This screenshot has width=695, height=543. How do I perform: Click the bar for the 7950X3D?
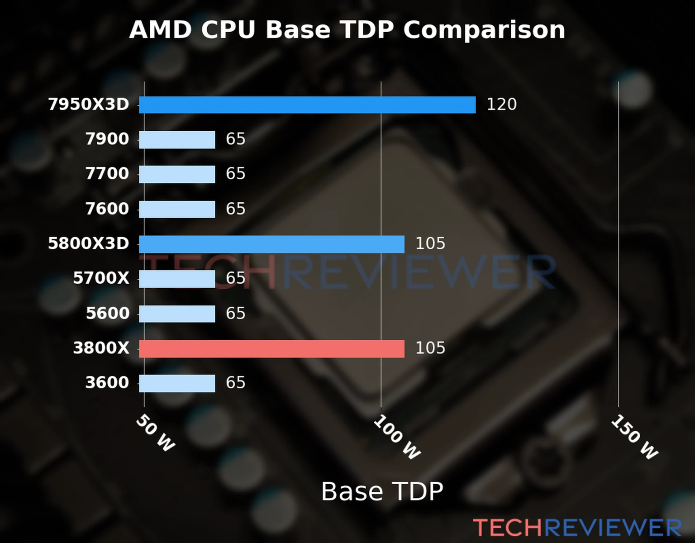[307, 105]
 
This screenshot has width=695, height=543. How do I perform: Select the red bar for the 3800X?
[271, 348]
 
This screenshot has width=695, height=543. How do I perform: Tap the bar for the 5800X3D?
[271, 244]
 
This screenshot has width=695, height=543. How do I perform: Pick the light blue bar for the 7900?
[177, 139]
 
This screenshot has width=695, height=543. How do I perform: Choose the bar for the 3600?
[177, 383]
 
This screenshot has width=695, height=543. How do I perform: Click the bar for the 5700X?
[177, 279]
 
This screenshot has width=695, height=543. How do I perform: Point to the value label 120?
[501, 105]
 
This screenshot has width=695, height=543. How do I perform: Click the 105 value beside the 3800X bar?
[430, 348]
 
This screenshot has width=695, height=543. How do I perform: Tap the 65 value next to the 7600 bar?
[235, 209]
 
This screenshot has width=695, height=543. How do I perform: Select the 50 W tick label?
[155, 433]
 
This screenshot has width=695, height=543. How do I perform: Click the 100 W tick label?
[397, 437]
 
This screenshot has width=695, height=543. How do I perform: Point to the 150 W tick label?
[634, 437]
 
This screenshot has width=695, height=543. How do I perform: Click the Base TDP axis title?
[382, 491]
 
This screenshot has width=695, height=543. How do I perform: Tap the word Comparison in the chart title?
[484, 30]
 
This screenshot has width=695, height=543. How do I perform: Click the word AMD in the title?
[160, 30]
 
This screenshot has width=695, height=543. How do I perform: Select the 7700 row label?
[107, 174]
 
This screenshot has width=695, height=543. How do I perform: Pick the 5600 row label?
[108, 313]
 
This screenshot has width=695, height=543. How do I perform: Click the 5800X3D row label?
[89, 243]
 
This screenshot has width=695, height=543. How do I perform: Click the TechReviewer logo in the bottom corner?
[577, 528]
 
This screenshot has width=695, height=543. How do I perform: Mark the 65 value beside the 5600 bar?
[235, 313]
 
